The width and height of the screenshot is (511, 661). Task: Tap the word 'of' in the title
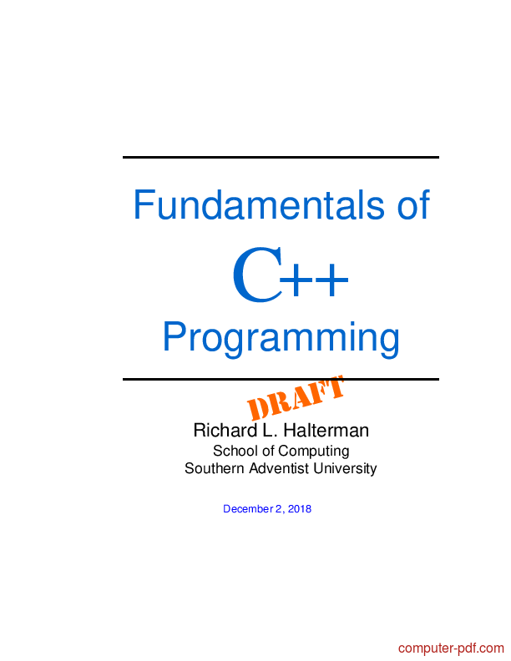coord(413,204)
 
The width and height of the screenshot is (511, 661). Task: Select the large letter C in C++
coord(257,275)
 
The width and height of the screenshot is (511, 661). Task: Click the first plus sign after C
coord(297,279)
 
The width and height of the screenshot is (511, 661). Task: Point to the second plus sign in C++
coord(331,279)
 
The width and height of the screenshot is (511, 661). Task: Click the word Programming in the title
coord(281,338)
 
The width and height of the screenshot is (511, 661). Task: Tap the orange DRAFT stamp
coord(296,398)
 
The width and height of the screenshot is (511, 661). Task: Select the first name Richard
coord(225,431)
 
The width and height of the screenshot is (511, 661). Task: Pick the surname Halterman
coord(326,431)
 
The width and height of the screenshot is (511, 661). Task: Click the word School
coord(235,451)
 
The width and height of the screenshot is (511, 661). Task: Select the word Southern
coord(215,468)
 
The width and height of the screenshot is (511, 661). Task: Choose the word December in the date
coord(248,509)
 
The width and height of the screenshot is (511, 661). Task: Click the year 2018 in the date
coord(300,509)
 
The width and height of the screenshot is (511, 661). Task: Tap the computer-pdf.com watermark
coord(451,648)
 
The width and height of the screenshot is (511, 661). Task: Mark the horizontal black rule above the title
coord(281,157)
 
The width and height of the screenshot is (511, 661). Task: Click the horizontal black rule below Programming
coord(281,380)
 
